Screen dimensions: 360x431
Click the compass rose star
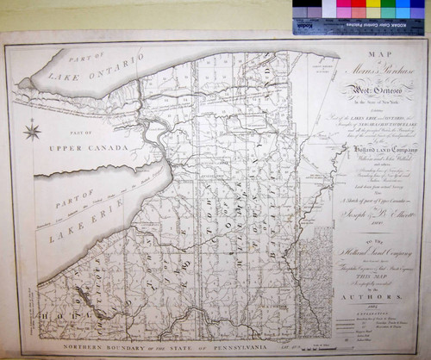coord(33,132)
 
